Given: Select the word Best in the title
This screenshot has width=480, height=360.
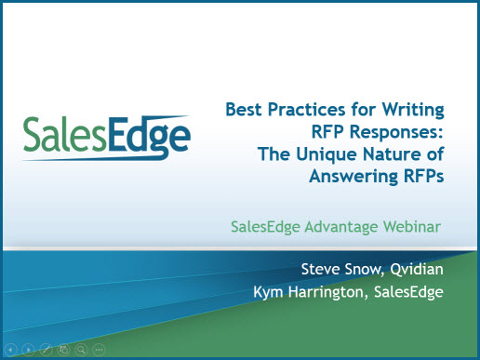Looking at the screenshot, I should pos(245,111).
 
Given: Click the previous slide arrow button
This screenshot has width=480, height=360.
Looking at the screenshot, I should pos(11,350).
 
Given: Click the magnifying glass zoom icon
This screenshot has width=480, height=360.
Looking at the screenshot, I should pos(82,350).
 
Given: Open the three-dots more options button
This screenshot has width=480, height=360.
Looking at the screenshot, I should pos(100,350).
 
